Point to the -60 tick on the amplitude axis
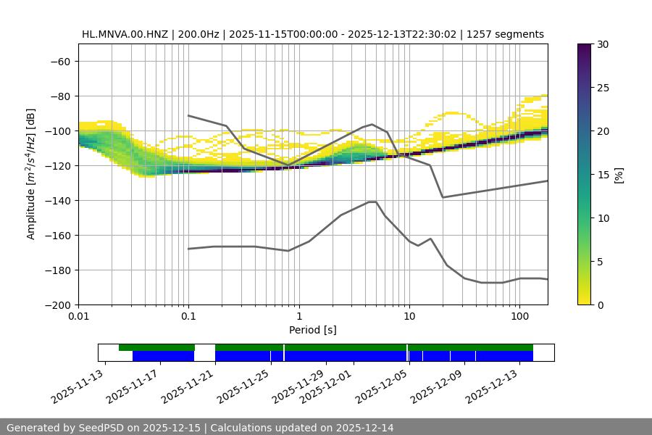tap(59, 61)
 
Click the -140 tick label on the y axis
tap(57, 200)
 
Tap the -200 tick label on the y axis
tap(57, 304)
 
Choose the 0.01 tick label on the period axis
tap(78, 317)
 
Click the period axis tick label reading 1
tap(298, 317)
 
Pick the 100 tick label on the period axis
tap(519, 317)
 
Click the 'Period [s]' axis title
tap(313, 330)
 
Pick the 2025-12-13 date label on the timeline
tap(493, 387)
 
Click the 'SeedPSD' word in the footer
tap(103, 428)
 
